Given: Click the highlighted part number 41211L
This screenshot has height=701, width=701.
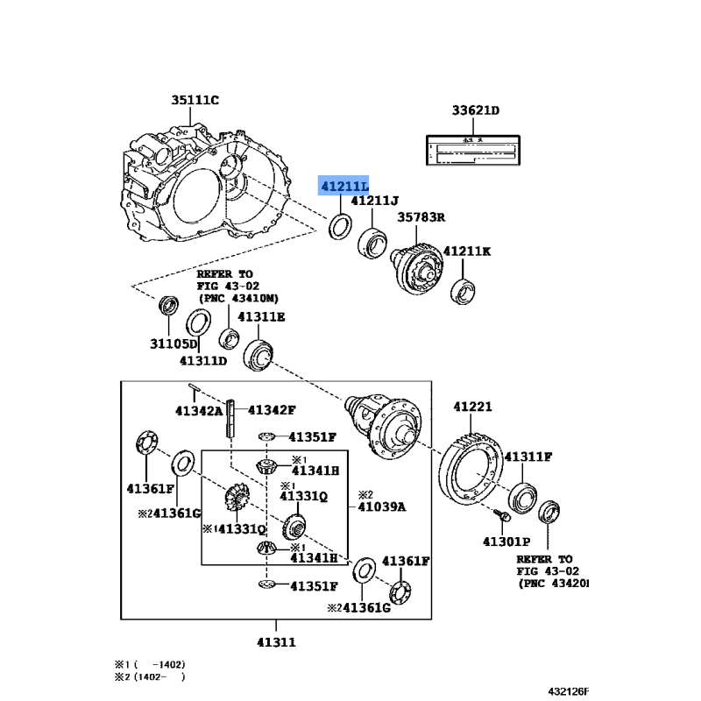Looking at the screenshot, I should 344,186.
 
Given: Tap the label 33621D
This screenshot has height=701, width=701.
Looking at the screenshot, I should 475,110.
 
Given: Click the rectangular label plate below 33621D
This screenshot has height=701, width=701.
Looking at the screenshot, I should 474,150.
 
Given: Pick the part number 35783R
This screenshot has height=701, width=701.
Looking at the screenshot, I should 421,218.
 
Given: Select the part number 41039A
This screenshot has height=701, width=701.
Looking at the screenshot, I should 383,506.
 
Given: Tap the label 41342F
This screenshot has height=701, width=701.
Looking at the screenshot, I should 272,409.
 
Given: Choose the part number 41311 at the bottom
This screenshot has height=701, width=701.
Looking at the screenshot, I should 276,641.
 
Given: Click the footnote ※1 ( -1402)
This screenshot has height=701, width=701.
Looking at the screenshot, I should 149,663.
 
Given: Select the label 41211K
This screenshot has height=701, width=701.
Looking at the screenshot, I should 467,251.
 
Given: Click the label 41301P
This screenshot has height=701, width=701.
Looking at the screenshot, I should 506,542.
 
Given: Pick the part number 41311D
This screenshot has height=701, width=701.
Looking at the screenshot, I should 203,359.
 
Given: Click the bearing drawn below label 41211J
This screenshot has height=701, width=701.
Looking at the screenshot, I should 372,240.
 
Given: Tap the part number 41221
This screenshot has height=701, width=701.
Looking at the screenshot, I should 473,407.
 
